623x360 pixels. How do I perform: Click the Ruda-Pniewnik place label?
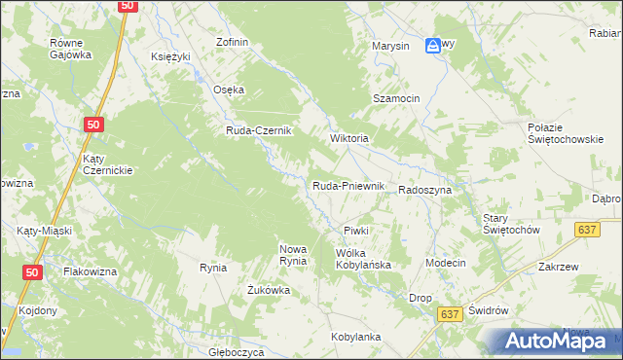tap(349, 186)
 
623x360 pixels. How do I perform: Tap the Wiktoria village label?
tap(349, 138)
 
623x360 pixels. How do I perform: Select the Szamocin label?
tap(396, 99)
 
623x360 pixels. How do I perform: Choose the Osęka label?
tap(229, 90)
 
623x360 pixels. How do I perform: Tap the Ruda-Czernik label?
tap(260, 131)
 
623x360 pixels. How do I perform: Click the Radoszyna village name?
tap(424, 191)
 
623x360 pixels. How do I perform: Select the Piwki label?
tap(355, 231)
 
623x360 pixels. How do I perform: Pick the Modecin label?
tap(446, 264)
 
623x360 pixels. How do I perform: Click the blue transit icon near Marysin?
tap(433, 45)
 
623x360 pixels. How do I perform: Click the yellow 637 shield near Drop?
tap(449, 314)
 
